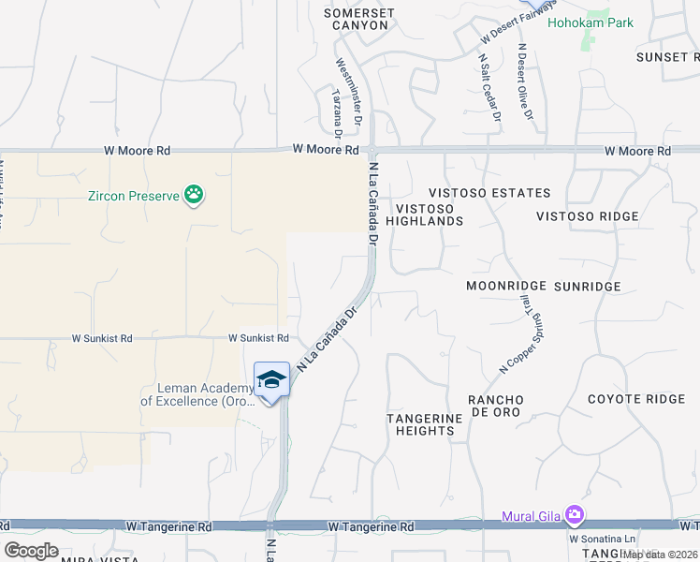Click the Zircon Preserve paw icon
tap(194, 195)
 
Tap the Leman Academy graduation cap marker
tap(271, 380)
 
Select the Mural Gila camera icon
tap(574, 514)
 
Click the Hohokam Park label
tap(591, 22)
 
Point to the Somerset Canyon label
tap(359, 19)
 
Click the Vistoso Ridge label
tap(588, 216)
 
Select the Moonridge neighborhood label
tap(506, 285)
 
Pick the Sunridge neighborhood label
tap(587, 285)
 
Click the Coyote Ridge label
tap(636, 399)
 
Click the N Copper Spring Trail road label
tap(518, 333)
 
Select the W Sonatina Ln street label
tap(602, 539)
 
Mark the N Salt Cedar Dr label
tap(490, 87)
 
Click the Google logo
tap(32, 551)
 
